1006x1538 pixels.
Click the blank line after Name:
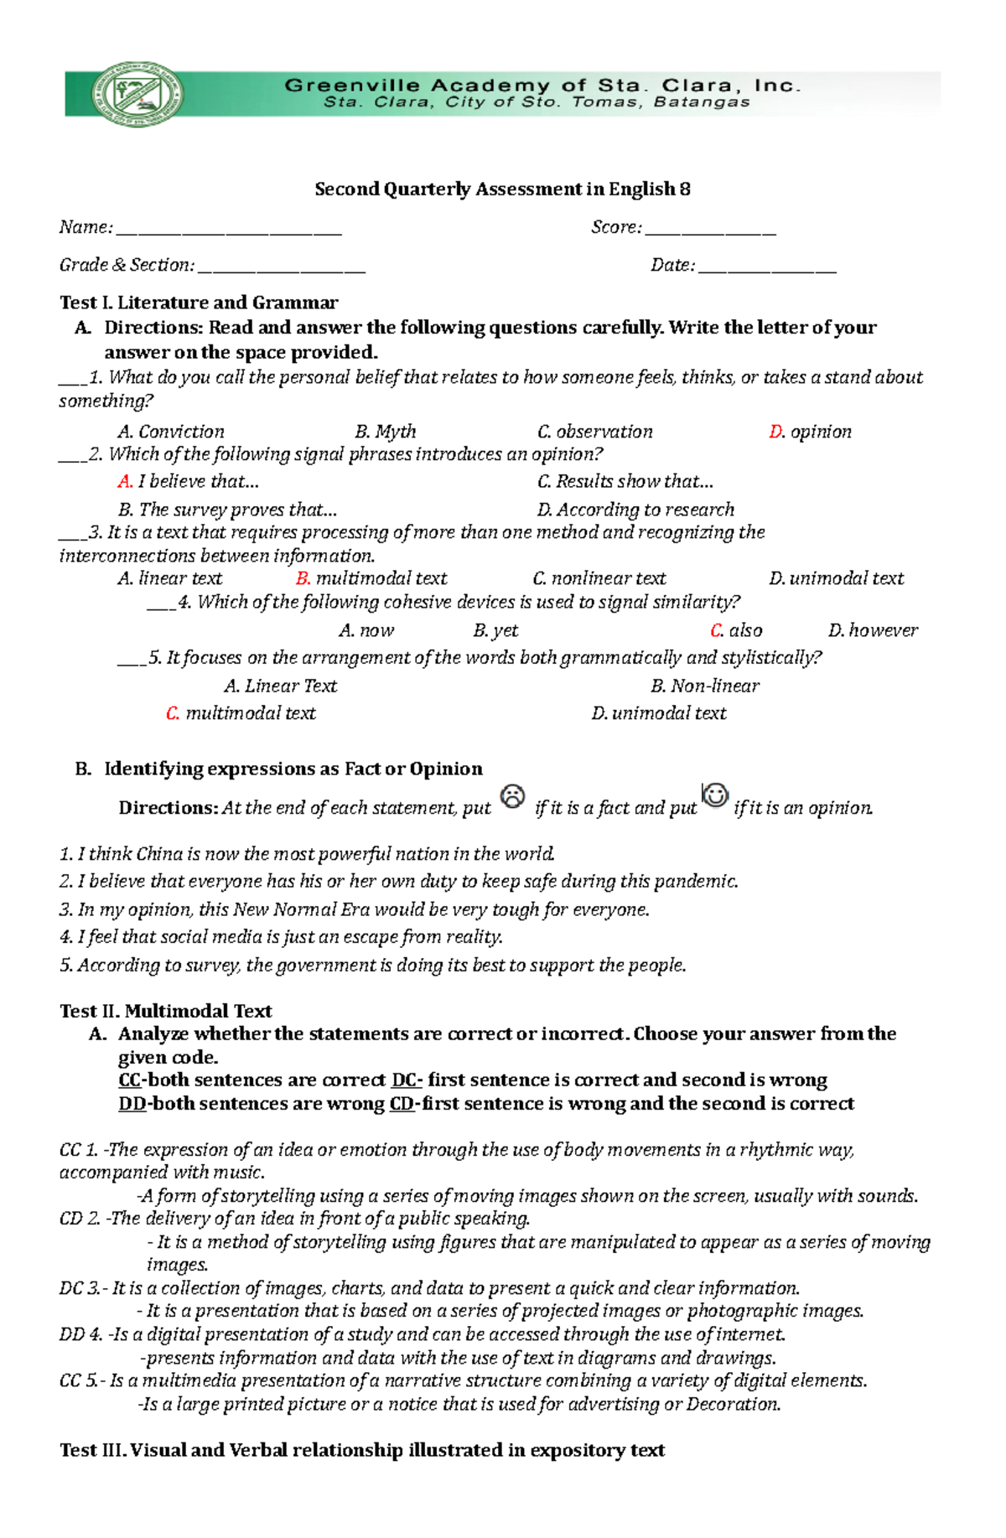(x=228, y=230)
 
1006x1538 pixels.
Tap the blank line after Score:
(x=711, y=230)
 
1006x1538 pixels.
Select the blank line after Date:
(x=767, y=267)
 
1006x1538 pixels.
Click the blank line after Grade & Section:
(x=282, y=267)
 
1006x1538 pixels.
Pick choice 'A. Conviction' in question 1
(x=171, y=432)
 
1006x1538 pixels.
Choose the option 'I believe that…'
(x=198, y=481)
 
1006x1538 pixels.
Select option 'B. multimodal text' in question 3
(x=371, y=578)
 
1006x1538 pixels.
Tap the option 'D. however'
(x=873, y=630)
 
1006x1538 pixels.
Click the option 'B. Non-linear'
(x=705, y=686)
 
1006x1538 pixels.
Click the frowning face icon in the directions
(x=512, y=796)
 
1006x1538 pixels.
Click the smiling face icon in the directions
(x=715, y=795)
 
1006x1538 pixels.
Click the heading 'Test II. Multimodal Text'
(x=165, y=1011)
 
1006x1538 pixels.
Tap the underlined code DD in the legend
(x=132, y=1104)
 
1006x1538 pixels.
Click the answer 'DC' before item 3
(x=71, y=1288)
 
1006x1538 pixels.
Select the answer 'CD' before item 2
(x=71, y=1219)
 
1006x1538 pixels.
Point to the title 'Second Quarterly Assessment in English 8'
(x=502, y=189)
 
